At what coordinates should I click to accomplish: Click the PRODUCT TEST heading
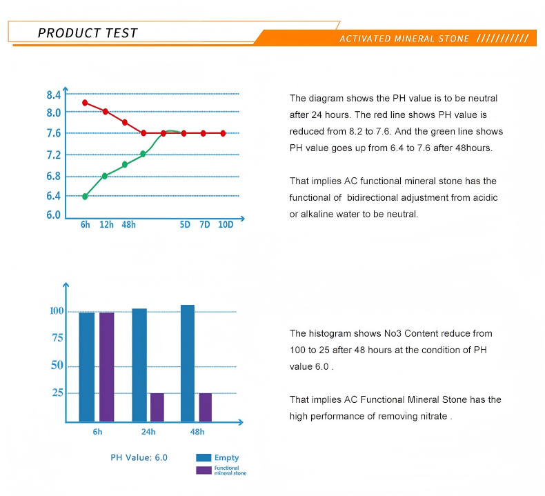coord(88,33)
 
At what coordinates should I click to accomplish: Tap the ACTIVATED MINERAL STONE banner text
coord(404,39)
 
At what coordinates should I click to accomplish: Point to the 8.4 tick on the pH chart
coord(54,95)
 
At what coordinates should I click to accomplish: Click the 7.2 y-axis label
coord(54,155)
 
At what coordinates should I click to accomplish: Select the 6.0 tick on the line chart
coord(54,215)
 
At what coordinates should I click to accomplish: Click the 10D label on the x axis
coord(226,224)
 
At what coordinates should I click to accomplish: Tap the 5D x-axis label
coord(185,224)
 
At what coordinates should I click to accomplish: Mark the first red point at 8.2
coord(85,103)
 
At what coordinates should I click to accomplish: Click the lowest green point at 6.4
coord(85,197)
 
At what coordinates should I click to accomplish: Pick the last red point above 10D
coord(223,133)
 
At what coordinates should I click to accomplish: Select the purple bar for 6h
coord(107,367)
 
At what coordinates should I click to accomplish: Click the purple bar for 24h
coord(157,408)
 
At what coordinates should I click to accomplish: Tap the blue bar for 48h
coord(188,364)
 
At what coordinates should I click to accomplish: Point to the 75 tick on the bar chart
coord(57,338)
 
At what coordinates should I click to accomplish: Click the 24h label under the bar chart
coord(148,432)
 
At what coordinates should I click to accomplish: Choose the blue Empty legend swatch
coord(204,457)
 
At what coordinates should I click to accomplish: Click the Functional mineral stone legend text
coord(230,470)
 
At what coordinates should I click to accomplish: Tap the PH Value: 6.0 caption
coord(139,457)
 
